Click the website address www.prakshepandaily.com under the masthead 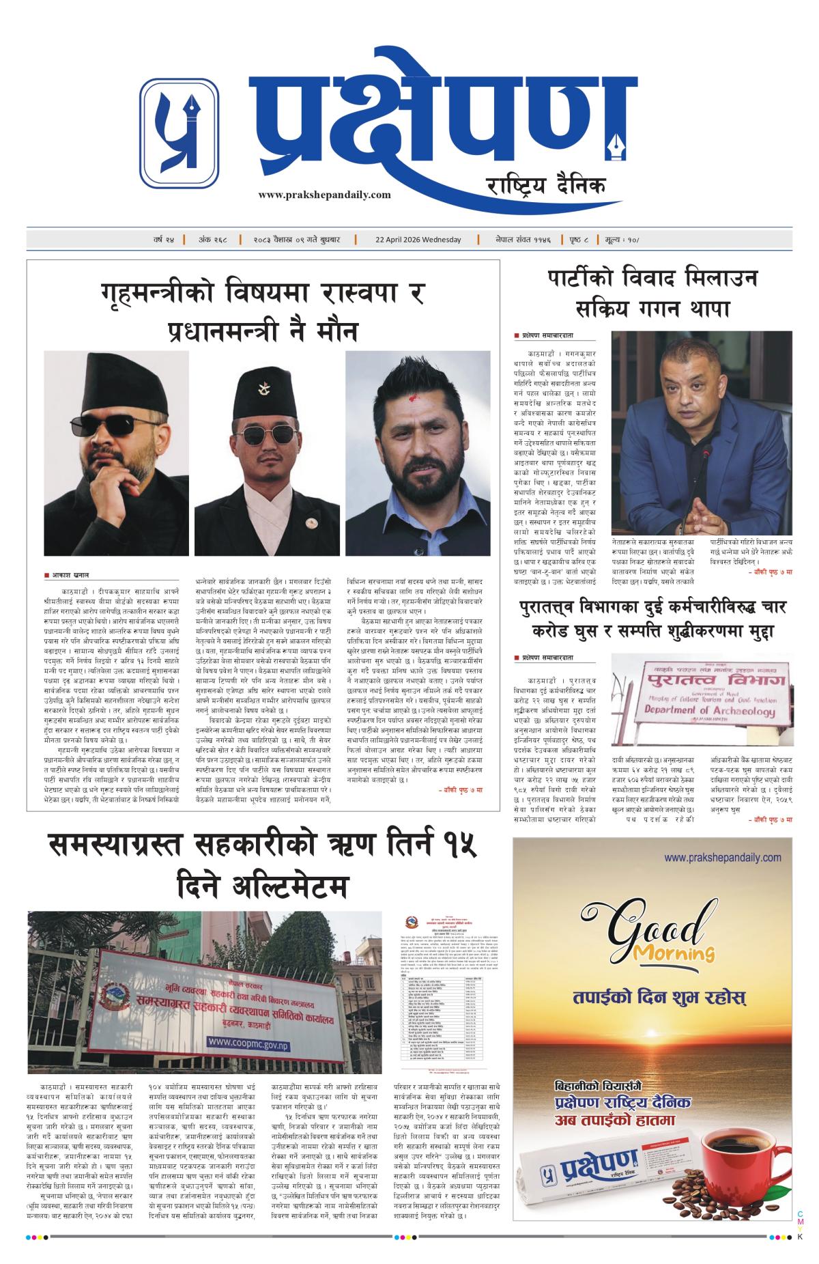pos(325,195)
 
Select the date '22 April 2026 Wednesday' pos(418,240)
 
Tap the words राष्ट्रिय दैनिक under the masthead pos(545,184)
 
